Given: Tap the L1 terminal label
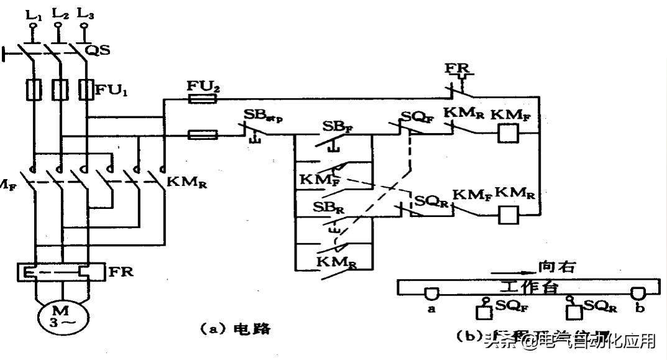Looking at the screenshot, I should [35, 12].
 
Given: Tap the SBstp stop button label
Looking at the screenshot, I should [264, 116].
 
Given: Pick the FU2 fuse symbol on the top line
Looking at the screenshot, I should [203, 99].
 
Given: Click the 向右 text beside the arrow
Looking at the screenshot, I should [556, 268].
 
